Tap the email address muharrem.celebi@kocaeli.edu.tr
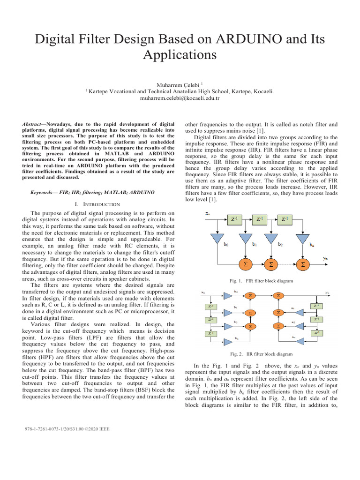(180, 99)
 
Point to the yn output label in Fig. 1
(325, 258)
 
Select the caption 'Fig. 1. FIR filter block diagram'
(262, 281)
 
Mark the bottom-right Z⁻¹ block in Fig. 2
(317, 333)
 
